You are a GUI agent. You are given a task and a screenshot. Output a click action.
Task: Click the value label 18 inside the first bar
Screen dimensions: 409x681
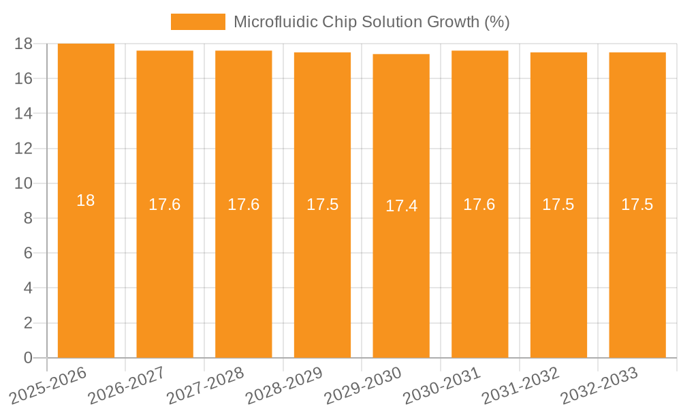point(86,200)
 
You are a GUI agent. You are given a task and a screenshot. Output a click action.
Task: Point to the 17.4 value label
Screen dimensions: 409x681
point(401,206)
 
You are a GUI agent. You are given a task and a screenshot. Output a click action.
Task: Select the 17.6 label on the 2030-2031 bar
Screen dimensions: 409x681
point(479,204)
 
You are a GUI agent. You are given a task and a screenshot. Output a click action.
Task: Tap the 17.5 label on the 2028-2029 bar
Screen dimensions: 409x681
point(322,204)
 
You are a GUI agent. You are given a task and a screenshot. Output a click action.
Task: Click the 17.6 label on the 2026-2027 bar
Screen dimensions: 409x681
point(165,204)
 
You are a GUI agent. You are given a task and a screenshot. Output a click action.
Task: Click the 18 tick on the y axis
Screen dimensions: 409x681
point(23,44)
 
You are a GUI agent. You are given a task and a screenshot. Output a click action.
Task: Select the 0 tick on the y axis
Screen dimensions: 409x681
point(28,358)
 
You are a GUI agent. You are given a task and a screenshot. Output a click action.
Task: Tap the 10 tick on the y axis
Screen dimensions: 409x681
point(23,183)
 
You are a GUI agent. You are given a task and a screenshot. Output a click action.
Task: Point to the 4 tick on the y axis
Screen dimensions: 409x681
point(28,288)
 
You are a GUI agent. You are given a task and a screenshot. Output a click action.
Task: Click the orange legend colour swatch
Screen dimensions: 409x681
point(197,22)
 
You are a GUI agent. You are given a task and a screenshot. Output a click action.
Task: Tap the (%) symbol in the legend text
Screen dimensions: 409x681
point(496,22)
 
